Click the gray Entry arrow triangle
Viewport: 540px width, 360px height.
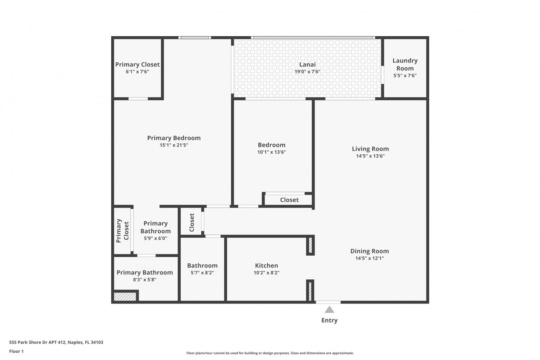pos(329,310)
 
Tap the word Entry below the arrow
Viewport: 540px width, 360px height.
pos(329,320)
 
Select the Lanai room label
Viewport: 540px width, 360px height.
pos(307,64)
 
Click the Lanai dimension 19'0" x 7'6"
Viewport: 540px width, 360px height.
pos(307,72)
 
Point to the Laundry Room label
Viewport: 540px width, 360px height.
pos(405,64)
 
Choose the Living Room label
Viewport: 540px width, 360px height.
pos(370,149)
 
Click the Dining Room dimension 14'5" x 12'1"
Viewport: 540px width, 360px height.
pos(370,258)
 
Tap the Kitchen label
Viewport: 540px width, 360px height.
pos(266,265)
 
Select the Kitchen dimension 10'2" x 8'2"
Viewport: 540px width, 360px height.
pos(266,273)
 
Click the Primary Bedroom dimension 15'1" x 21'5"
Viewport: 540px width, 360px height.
pos(174,145)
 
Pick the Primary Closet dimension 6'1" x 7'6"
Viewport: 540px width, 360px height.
pos(137,72)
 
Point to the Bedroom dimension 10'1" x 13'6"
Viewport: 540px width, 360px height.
pos(271,152)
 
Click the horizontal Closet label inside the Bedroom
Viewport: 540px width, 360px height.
pos(289,200)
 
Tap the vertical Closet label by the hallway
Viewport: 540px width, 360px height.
pos(192,222)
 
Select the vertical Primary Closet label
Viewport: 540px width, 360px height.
pos(122,231)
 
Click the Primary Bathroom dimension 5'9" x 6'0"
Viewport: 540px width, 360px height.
pos(155,238)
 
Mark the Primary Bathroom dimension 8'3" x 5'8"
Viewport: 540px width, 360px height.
pos(145,280)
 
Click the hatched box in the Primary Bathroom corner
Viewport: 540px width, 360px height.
pos(125,297)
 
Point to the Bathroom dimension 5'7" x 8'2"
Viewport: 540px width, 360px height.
pos(202,273)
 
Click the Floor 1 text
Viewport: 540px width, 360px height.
pos(16,351)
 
